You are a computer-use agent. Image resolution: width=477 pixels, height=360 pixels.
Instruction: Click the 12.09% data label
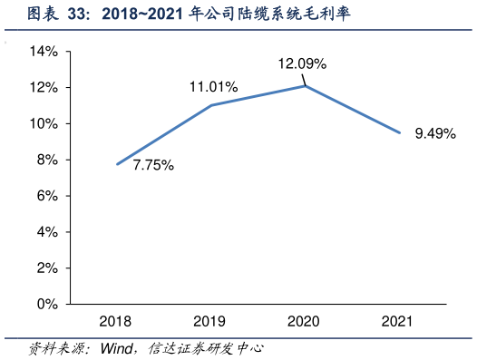[302, 64]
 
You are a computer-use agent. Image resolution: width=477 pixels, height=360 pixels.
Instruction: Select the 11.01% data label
[213, 87]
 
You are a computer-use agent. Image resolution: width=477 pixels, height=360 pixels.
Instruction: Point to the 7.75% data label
[153, 165]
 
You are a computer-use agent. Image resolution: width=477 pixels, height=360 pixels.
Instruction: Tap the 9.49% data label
[435, 133]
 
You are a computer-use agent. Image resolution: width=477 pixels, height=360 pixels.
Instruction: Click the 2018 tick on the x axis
[116, 321]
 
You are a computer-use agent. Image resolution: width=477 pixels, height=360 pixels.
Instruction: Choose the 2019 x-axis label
[210, 321]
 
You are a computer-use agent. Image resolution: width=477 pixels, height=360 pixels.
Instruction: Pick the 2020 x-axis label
[304, 321]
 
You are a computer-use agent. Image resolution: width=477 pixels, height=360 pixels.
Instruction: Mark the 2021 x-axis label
[398, 321]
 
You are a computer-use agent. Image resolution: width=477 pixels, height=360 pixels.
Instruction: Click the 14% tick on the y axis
[44, 52]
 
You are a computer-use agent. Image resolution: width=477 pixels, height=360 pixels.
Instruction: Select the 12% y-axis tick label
[44, 88]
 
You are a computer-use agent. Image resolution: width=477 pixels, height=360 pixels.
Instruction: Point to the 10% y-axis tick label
[44, 123]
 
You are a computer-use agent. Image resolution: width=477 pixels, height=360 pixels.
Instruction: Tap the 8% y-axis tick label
[47, 160]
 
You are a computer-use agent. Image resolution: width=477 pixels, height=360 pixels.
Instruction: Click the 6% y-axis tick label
[47, 196]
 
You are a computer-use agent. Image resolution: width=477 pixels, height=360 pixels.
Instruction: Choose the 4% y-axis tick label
[47, 232]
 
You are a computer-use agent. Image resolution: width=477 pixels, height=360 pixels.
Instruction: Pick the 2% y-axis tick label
[47, 268]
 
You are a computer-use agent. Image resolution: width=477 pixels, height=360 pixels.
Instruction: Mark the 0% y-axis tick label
[47, 305]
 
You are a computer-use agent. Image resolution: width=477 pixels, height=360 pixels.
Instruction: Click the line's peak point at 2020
[305, 86]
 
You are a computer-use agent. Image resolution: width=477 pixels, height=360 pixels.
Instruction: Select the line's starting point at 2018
[116, 164]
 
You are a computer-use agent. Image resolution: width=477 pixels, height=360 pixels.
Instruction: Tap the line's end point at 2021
[399, 133]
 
